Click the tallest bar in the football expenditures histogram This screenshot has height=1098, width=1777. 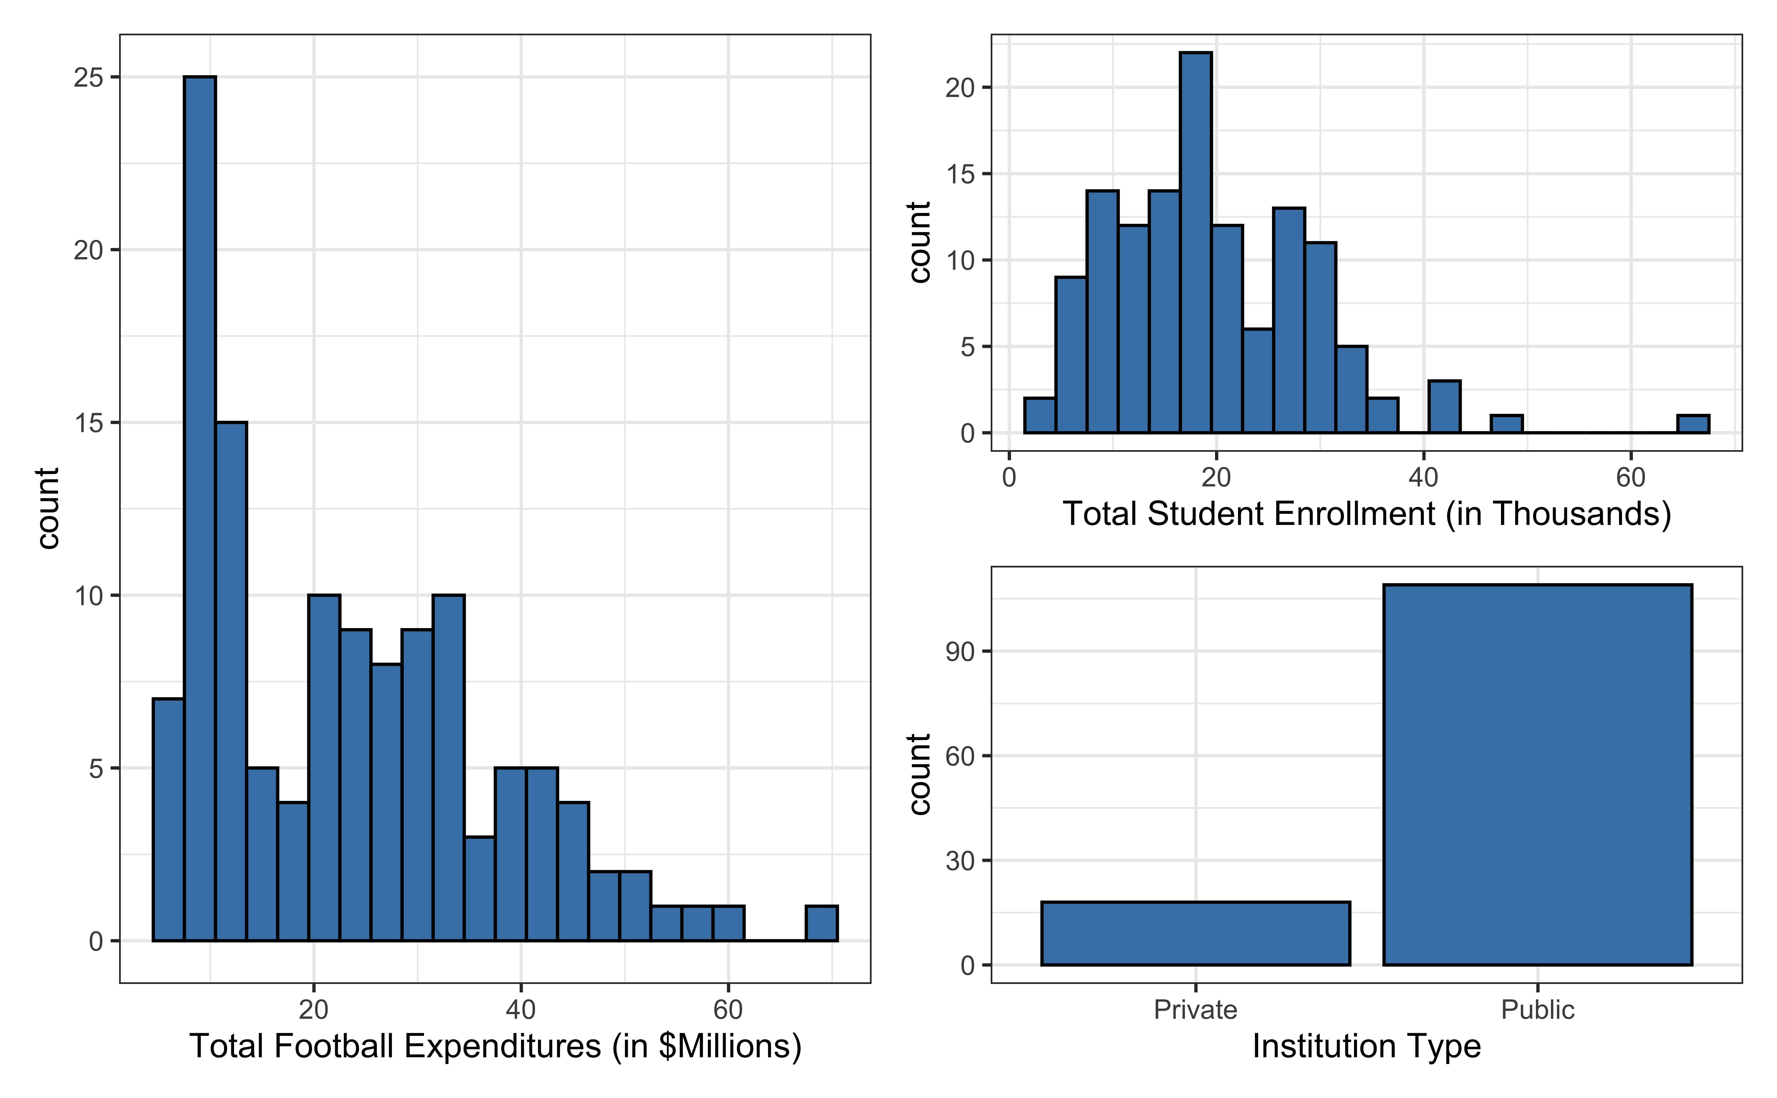point(200,508)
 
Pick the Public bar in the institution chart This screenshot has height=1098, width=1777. point(1537,774)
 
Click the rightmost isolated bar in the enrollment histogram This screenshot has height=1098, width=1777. point(1693,424)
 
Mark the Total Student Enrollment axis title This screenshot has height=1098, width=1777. point(1367,514)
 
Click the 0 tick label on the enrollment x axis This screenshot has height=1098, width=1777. point(1009,478)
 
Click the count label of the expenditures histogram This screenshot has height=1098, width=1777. point(48,508)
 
